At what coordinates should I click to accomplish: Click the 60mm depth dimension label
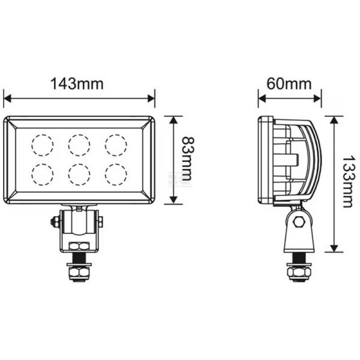tap(289, 84)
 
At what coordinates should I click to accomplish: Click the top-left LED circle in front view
tap(43, 145)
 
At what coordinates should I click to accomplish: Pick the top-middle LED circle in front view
tap(79, 145)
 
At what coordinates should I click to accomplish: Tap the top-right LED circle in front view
tap(116, 145)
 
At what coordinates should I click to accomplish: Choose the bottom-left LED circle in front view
tap(43, 174)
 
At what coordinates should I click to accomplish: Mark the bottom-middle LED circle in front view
tap(79, 174)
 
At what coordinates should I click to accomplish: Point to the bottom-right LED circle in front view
tap(116, 174)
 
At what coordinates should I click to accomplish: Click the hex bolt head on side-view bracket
tap(299, 221)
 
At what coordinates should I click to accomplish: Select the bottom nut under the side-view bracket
tap(298, 274)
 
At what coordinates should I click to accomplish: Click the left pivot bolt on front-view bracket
tap(55, 222)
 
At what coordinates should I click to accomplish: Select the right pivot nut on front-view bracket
tap(100, 222)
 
